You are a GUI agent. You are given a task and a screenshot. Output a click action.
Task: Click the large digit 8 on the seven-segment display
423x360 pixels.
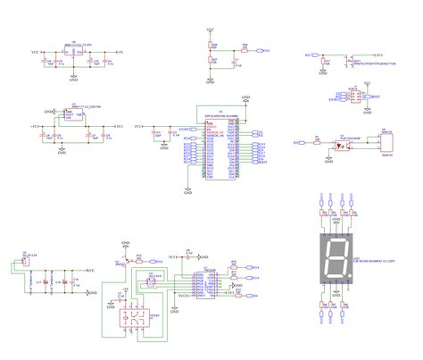335,259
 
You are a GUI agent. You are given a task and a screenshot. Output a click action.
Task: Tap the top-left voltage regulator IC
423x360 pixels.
74,51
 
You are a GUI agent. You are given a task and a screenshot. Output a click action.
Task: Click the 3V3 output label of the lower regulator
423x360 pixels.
119,128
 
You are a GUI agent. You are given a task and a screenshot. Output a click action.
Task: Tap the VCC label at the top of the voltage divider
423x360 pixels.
211,30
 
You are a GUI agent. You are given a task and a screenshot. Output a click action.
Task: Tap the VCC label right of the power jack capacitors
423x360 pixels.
90,267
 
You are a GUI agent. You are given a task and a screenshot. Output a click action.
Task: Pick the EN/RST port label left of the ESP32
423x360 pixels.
186,130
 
